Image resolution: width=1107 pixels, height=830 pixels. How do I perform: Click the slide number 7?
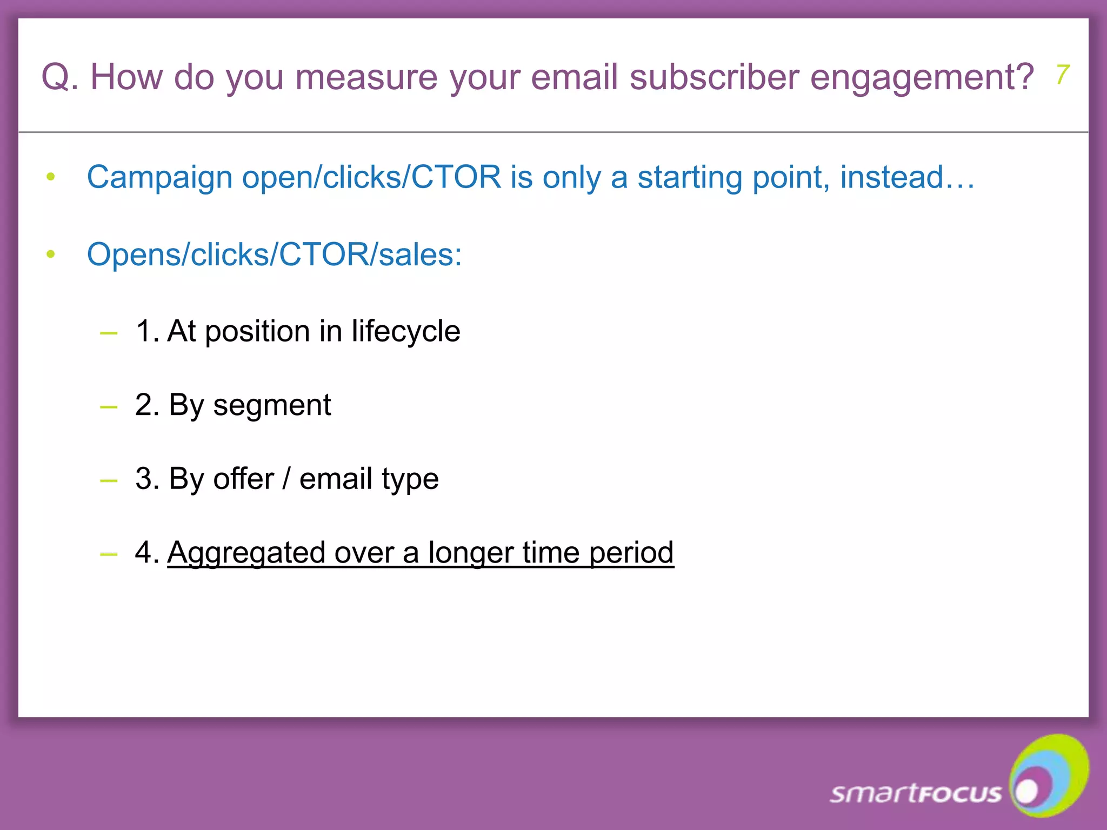tap(1063, 75)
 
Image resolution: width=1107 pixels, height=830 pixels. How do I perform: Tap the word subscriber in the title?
tap(713, 77)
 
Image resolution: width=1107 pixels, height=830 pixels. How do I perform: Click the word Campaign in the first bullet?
tap(159, 177)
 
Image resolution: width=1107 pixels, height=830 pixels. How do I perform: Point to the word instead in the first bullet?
tap(907, 177)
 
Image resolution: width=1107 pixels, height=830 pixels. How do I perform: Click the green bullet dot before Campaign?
tap(51, 177)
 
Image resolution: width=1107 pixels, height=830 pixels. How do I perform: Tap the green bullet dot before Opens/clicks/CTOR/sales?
tap(51, 254)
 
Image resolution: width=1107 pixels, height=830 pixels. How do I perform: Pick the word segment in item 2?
tap(272, 405)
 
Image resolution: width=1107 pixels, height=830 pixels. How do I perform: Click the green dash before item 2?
tap(109, 407)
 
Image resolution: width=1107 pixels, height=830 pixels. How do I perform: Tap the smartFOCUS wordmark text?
tap(915, 793)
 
